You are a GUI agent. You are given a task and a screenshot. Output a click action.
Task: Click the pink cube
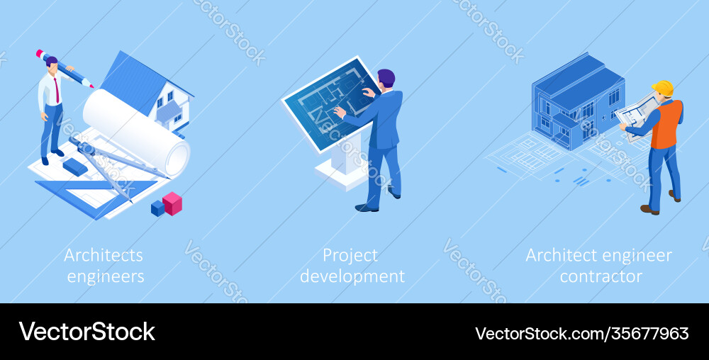point(172,203)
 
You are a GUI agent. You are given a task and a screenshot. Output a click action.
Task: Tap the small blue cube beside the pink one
point(157,208)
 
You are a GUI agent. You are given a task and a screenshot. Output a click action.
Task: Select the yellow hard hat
point(664,89)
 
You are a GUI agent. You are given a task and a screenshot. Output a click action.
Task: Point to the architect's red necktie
point(56,91)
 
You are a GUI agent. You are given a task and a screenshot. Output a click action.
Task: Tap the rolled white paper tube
point(135,131)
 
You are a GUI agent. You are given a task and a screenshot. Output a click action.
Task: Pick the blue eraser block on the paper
point(74,167)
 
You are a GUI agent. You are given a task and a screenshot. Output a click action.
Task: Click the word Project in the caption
point(350,255)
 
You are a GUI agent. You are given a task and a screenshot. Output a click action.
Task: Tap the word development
point(352,276)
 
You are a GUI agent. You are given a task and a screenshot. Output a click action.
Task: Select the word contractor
point(601,276)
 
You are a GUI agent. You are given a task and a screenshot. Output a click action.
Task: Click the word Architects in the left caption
point(104,255)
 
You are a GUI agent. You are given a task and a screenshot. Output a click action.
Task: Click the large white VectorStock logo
point(87,332)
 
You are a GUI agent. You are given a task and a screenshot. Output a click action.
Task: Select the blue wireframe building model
point(574,103)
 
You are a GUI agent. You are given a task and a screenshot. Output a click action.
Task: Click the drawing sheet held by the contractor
point(636,113)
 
